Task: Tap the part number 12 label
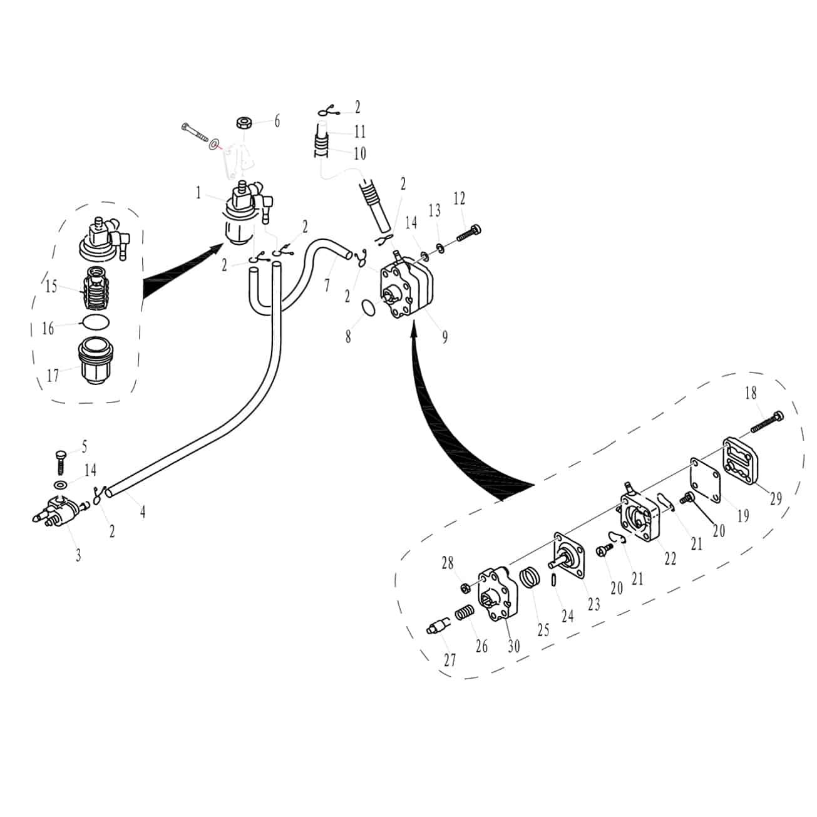click(459, 198)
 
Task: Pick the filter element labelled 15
click(96, 283)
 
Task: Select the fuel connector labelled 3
click(59, 511)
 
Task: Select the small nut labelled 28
click(465, 588)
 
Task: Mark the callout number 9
click(444, 337)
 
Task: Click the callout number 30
click(513, 647)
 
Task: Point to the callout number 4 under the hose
click(143, 511)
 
